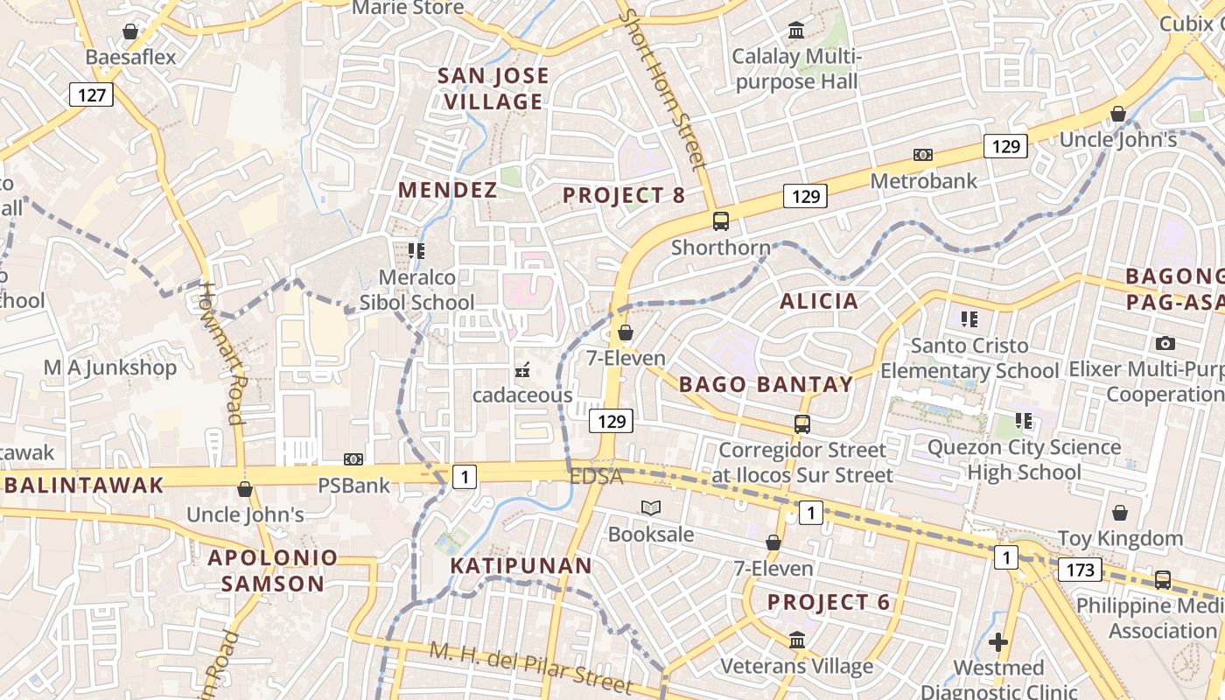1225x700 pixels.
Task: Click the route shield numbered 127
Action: click(x=91, y=94)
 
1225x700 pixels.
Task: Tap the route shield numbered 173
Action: click(x=1080, y=570)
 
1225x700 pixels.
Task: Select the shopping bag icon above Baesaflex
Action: click(x=130, y=32)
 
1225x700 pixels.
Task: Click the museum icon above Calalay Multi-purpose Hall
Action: click(x=796, y=31)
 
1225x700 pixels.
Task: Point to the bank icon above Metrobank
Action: click(x=922, y=155)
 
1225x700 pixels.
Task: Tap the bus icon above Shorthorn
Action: click(x=721, y=221)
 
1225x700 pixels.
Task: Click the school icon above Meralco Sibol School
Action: click(x=416, y=251)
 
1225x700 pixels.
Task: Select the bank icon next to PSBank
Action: click(x=353, y=459)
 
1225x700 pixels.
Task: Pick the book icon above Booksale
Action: click(x=650, y=507)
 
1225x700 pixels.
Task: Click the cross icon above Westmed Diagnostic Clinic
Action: click(x=997, y=643)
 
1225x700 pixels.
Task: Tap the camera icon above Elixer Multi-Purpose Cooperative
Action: click(x=1165, y=344)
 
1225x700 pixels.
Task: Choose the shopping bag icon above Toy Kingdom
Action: click(x=1119, y=513)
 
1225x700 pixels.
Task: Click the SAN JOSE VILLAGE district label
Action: click(x=493, y=88)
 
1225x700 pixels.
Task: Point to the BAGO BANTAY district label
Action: click(x=766, y=384)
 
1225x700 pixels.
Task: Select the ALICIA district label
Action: click(x=819, y=301)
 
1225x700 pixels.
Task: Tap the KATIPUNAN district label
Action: click(x=521, y=565)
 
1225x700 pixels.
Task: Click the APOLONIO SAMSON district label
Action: click(x=273, y=570)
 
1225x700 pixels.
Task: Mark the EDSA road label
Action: click(x=596, y=477)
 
